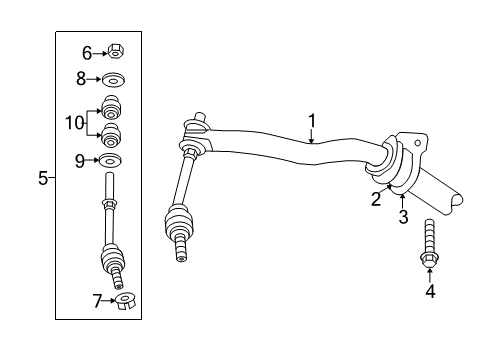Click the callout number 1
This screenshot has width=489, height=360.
312,121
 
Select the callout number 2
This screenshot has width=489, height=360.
375,199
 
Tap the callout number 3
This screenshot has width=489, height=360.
402,215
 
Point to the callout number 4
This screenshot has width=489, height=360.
430,292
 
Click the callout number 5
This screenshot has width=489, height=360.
43,178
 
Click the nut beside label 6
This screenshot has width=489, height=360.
116,52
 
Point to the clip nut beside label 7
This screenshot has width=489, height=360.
124,300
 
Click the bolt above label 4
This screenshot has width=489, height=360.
429,245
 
